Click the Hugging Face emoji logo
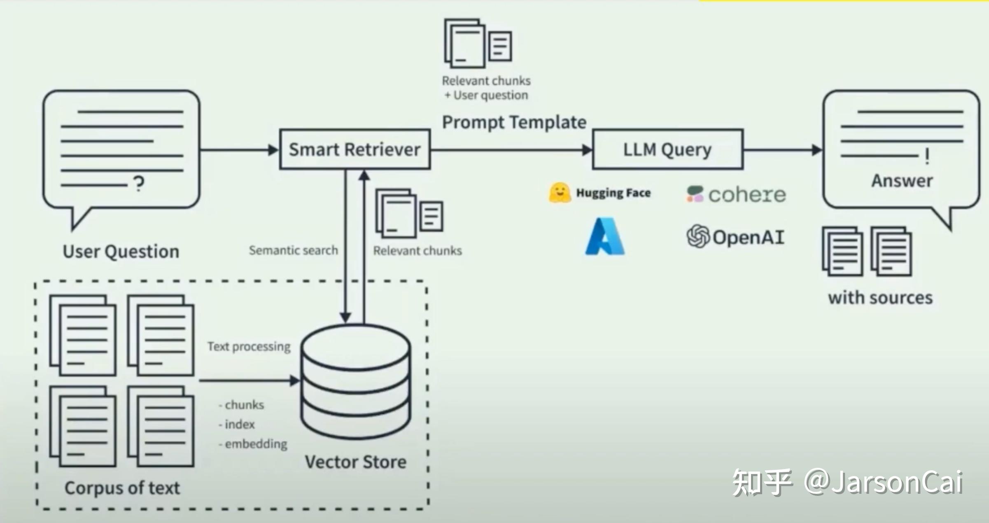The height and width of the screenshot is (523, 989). (x=560, y=192)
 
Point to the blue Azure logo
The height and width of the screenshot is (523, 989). (x=605, y=236)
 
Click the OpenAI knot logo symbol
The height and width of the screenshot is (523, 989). (x=698, y=236)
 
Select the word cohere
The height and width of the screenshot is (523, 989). (x=747, y=194)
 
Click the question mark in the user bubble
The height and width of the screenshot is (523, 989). (x=139, y=184)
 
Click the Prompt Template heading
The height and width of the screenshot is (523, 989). (x=514, y=123)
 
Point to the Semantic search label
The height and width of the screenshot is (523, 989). (x=293, y=250)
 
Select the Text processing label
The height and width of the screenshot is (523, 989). (x=249, y=347)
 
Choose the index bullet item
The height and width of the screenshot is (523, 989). (x=237, y=424)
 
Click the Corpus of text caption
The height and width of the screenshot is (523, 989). (x=122, y=488)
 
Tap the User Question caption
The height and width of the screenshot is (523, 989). (x=121, y=252)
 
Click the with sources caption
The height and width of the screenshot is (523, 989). (x=881, y=298)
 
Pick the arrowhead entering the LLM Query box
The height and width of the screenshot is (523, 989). (x=588, y=150)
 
